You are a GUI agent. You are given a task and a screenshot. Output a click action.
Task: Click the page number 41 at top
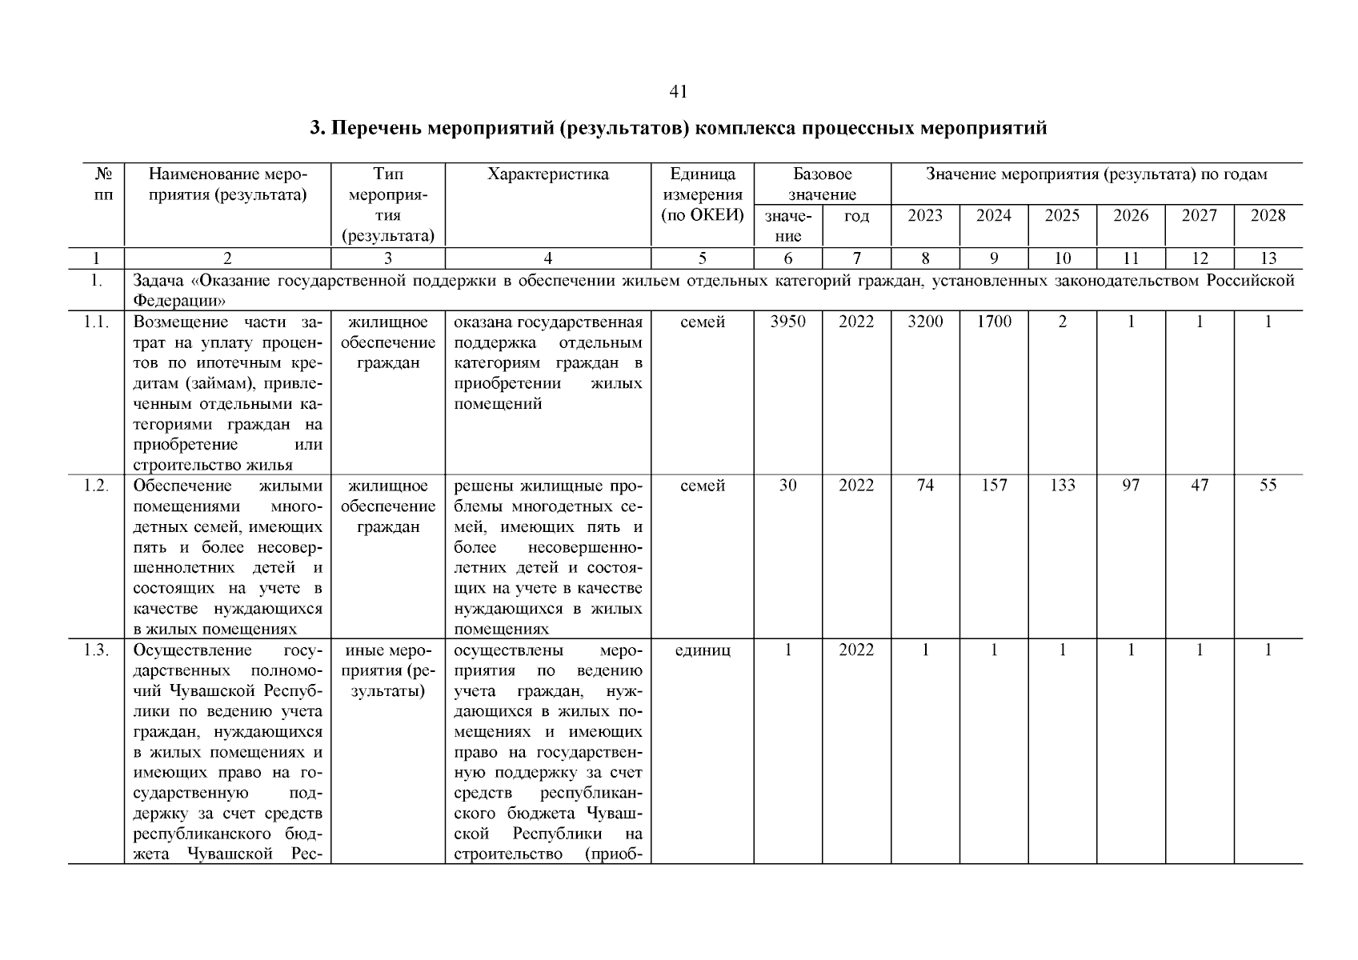678,92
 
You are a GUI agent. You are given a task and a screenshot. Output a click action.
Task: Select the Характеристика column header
547,174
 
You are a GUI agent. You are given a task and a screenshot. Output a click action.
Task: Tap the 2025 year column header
1062,215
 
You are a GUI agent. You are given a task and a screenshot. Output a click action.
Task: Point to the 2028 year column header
1268,215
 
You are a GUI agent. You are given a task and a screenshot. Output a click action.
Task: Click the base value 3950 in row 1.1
787,322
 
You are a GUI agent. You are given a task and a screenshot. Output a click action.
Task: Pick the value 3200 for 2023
925,322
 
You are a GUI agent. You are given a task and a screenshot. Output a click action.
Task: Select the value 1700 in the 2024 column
993,322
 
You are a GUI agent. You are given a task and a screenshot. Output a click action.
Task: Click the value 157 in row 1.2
993,486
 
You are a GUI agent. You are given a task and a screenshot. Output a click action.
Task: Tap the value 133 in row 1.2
1062,486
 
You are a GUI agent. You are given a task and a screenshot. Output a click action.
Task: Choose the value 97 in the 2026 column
1131,486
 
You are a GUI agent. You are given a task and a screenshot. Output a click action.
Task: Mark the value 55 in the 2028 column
1268,486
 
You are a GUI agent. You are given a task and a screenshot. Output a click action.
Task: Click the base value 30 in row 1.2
787,486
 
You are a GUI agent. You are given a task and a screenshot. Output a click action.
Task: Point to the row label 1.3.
96,650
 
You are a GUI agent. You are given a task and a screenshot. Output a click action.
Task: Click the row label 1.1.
96,322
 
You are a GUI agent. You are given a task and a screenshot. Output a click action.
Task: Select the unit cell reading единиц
703,650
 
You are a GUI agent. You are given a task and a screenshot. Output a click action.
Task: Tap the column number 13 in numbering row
1268,258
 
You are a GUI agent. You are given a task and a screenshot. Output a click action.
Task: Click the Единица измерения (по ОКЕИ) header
703,194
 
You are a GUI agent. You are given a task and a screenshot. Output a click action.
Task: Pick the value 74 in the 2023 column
925,486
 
